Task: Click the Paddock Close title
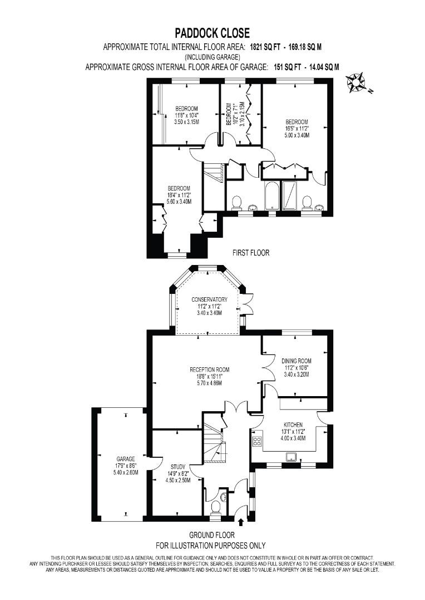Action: pos(212,33)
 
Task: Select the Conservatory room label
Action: pos(209,299)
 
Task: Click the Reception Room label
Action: pos(210,369)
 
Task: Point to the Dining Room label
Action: pos(296,361)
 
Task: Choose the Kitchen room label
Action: pos(293,425)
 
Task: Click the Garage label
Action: pos(126,459)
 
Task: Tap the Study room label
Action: pos(178,467)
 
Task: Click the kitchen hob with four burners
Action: pos(257,442)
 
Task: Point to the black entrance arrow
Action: pos(241,522)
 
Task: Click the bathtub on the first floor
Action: pos(272,195)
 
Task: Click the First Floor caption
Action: pos(251,253)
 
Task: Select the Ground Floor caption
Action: pos(212,535)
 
